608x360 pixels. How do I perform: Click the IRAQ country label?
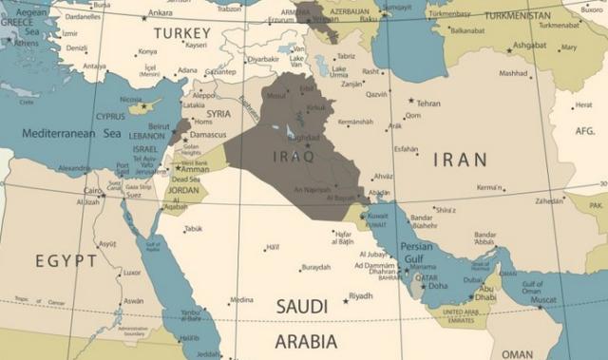[x=293, y=156]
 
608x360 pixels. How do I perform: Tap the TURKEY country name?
[x=181, y=34]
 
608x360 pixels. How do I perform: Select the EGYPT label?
[x=66, y=260]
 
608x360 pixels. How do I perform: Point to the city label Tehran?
[x=428, y=104]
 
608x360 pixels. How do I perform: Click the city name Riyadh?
[x=361, y=296]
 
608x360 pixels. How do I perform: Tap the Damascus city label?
[x=208, y=135]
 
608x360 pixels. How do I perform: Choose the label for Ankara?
[x=161, y=13]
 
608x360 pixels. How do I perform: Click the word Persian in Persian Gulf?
[x=417, y=246]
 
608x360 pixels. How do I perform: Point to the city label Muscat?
[x=543, y=300]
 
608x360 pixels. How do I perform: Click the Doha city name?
[x=438, y=286]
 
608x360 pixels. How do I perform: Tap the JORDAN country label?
[x=182, y=190]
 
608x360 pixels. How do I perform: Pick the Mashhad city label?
[x=513, y=73]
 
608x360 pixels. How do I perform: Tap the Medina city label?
[x=242, y=300]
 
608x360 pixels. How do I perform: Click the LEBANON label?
[x=146, y=136]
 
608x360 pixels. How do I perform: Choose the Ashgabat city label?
[x=529, y=45]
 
